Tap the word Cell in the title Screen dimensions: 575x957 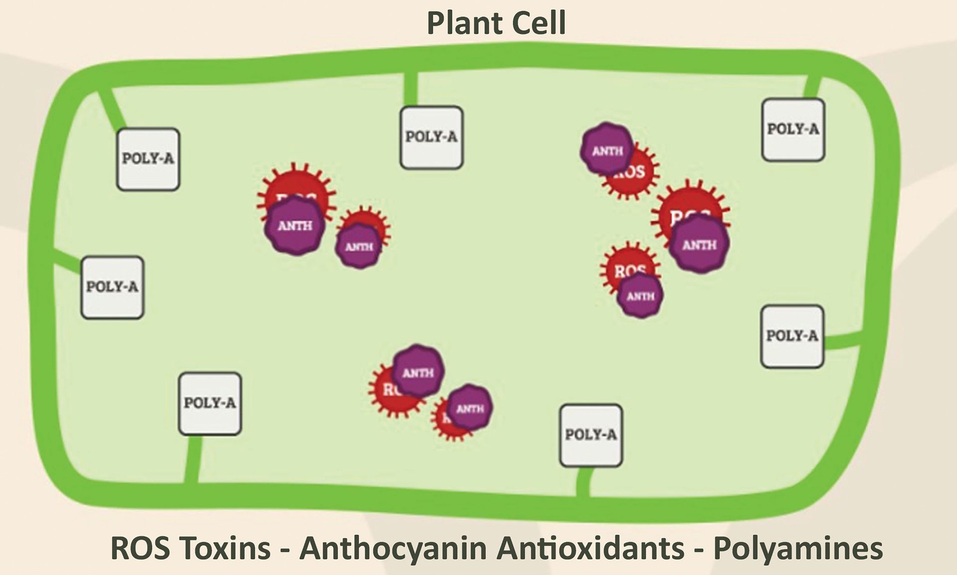point(541,23)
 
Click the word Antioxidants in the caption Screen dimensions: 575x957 point(591,548)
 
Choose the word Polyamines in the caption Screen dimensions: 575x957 point(798,548)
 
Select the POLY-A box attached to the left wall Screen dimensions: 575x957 point(113,287)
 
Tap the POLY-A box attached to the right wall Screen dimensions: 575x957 point(792,337)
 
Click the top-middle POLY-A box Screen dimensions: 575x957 point(432,137)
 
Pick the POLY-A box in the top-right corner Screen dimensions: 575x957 point(793,130)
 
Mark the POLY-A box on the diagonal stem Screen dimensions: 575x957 point(148,159)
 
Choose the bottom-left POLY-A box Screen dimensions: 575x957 point(210,403)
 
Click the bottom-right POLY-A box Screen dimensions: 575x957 point(591,435)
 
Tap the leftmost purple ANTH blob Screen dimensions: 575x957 point(295,226)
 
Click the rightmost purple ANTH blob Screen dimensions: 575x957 point(699,244)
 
